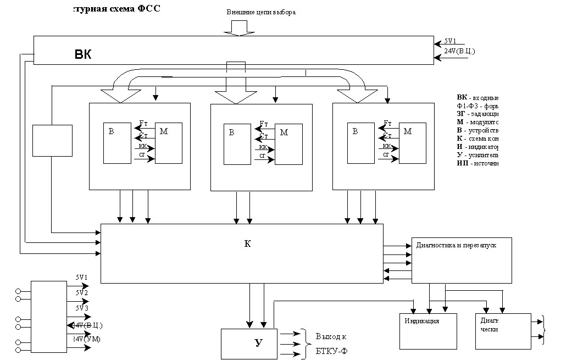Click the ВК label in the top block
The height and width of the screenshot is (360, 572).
(x=83, y=54)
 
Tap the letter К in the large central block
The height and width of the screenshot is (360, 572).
(x=247, y=243)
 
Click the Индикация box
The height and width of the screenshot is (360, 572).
(x=428, y=331)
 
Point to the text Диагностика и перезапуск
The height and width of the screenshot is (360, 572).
(x=456, y=245)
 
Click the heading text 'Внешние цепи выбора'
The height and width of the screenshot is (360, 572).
(x=261, y=12)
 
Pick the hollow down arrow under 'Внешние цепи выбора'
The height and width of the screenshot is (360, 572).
(x=240, y=27)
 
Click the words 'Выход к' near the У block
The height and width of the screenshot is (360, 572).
(x=331, y=336)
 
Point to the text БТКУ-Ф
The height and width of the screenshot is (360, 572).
(x=331, y=351)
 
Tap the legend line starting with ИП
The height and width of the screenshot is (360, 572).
(x=477, y=164)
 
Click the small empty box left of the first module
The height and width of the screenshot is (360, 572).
(x=52, y=140)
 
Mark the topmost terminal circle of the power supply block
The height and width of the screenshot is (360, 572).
(x=18, y=291)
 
